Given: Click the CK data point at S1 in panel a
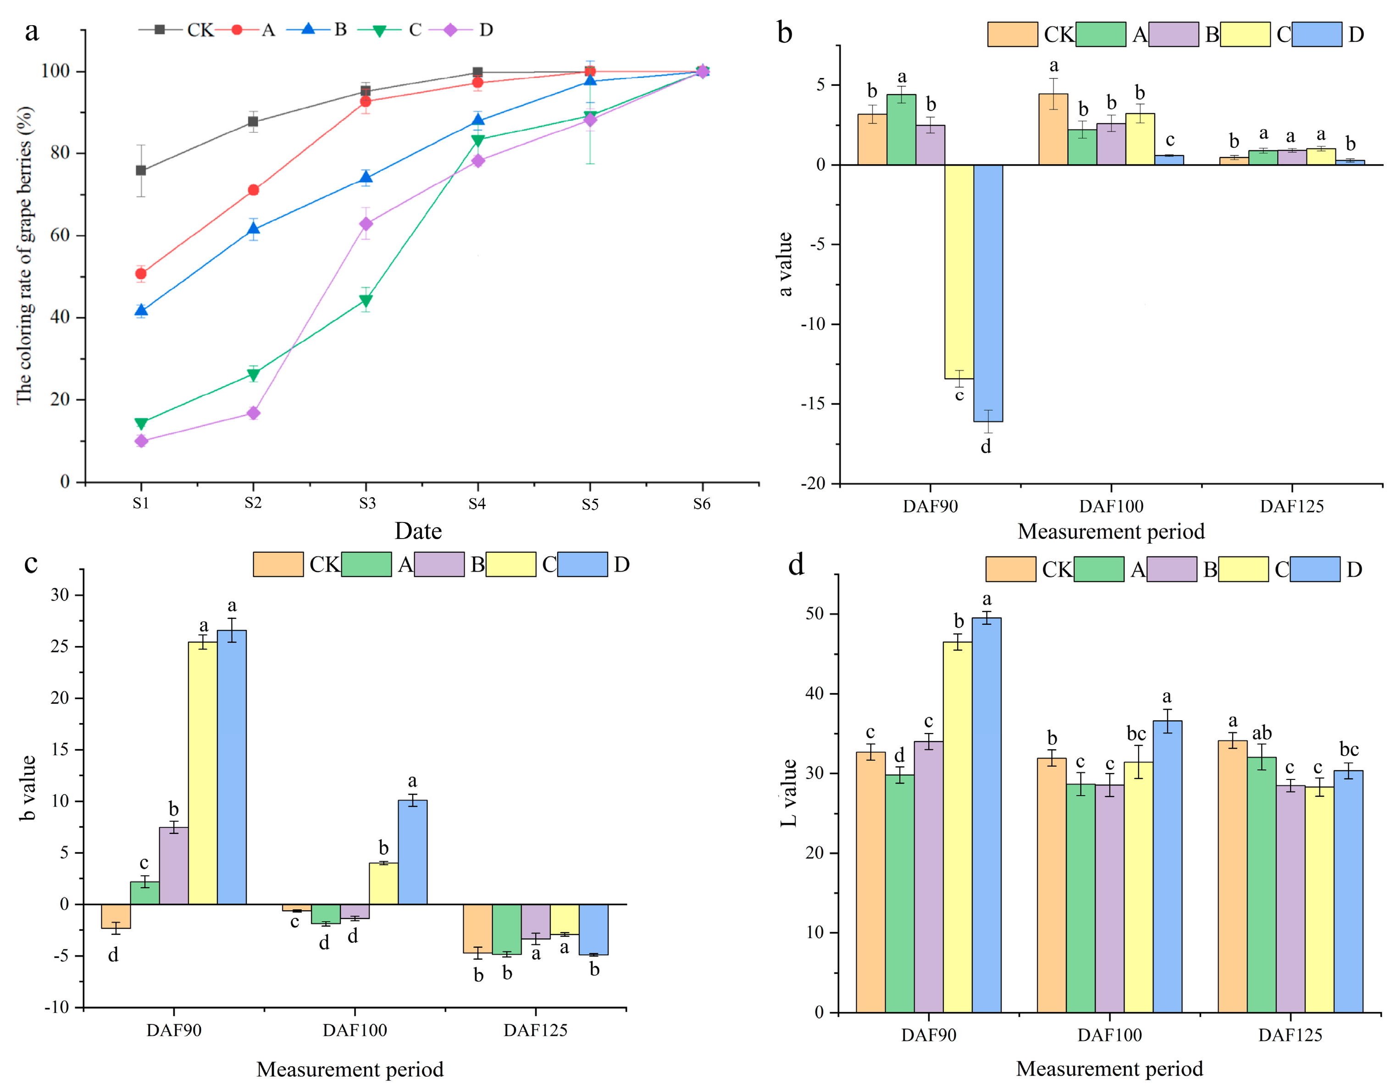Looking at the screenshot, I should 141,171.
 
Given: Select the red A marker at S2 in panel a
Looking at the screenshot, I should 253,190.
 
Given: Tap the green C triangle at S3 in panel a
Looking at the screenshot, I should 366,300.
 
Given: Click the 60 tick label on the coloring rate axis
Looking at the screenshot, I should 60,235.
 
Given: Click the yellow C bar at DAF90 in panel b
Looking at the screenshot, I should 959,272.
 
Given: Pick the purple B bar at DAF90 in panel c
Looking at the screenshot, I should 174,866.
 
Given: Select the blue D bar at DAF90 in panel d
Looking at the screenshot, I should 986,815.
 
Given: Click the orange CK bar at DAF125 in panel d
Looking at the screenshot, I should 1232,876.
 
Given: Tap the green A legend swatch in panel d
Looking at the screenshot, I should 1098,569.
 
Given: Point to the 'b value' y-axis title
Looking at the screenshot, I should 28,788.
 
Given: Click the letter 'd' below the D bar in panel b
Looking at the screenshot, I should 986,447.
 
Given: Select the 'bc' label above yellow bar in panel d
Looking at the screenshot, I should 1136,733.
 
